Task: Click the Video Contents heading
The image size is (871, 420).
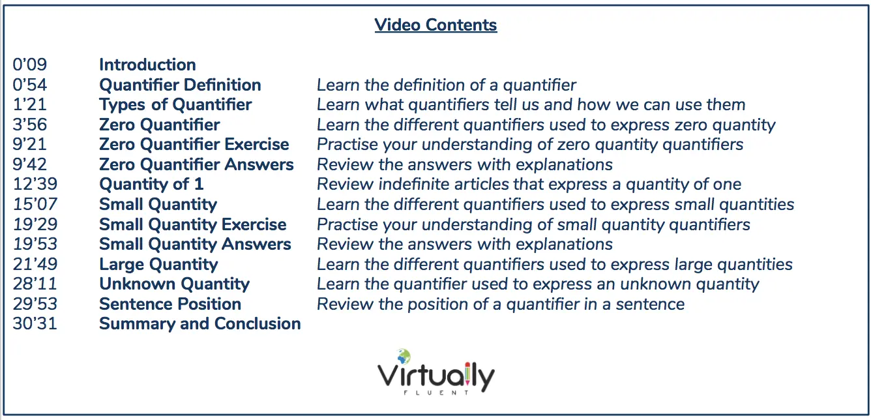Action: [436, 25]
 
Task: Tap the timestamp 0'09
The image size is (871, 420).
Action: [29, 65]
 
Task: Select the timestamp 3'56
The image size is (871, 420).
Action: [29, 125]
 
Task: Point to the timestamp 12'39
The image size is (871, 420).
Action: [35, 184]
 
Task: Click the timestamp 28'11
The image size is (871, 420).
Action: [35, 284]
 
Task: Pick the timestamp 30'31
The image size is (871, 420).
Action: [35, 323]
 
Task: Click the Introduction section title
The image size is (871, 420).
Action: [147, 65]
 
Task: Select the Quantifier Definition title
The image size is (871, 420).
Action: [180, 85]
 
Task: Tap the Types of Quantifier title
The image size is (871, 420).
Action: [175, 105]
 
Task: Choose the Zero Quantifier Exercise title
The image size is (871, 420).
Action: [194, 144]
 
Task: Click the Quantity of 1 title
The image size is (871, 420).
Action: [151, 185]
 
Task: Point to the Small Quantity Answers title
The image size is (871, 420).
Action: [195, 244]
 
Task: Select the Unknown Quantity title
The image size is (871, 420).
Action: [174, 284]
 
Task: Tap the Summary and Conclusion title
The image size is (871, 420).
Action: [200, 324]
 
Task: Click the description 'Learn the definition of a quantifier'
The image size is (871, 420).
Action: [447, 85]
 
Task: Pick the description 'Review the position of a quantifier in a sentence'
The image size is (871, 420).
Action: [501, 305]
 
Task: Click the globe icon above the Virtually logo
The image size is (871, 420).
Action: [404, 356]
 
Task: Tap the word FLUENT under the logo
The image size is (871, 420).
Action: [436, 393]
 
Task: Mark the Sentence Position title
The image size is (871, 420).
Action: [170, 304]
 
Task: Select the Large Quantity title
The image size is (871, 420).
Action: [158, 264]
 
